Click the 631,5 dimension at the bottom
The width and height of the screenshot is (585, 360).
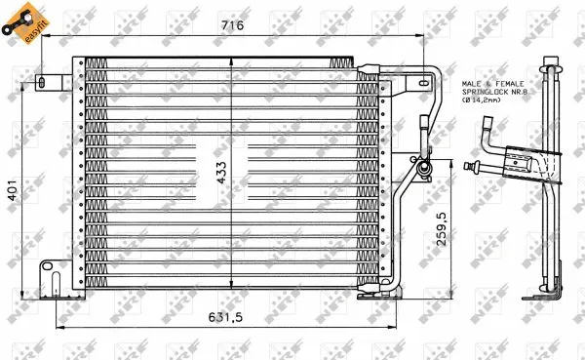[227, 317]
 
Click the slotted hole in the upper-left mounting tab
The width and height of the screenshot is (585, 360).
[44, 81]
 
